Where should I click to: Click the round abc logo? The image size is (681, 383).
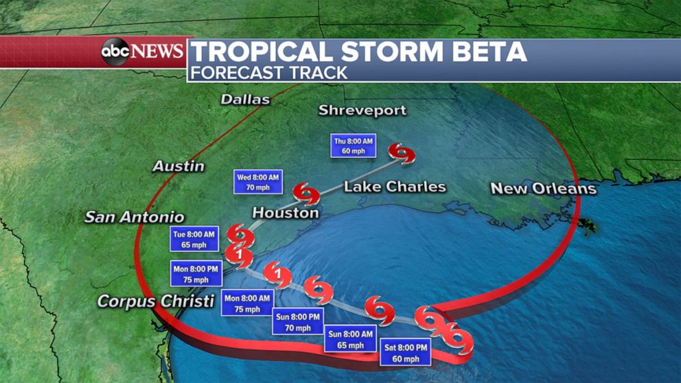point(115,52)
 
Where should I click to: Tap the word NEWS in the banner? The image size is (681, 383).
point(157,51)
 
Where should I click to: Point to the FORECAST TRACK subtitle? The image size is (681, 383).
point(269,71)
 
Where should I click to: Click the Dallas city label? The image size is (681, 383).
point(245,100)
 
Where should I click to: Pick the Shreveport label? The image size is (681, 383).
point(362,110)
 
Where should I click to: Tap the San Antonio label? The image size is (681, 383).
point(134,217)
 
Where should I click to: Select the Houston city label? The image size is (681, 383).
point(286,213)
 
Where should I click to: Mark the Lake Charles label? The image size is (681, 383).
point(395,187)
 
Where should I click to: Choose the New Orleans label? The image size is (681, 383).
point(543,188)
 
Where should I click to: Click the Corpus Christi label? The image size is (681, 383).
point(156,301)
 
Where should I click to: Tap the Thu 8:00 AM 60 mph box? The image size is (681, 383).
point(353,146)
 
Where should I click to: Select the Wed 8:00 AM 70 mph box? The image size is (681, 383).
point(258,181)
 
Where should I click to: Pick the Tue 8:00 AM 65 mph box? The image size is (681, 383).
point(194,239)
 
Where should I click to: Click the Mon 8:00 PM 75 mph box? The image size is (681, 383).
point(191,274)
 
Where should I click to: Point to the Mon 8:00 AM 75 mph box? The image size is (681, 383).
point(247,303)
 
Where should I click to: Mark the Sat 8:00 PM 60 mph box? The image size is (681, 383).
point(405,352)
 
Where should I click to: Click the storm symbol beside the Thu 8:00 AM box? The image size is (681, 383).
point(402,153)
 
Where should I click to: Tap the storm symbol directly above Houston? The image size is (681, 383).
point(306,194)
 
